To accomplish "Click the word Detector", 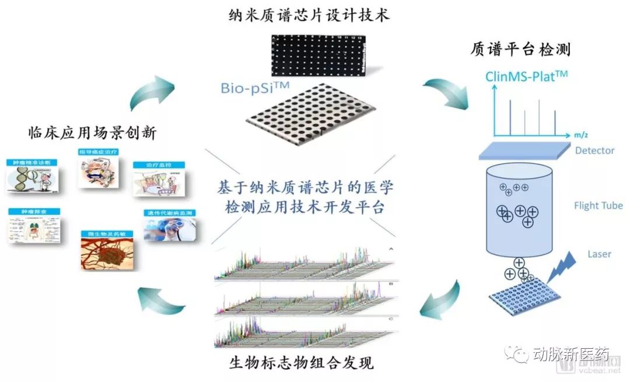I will point(594,150).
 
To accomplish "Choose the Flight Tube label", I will point(598,205).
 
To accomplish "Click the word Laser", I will point(599,254).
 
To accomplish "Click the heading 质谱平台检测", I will point(520,49).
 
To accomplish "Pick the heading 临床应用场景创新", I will point(92,133).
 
